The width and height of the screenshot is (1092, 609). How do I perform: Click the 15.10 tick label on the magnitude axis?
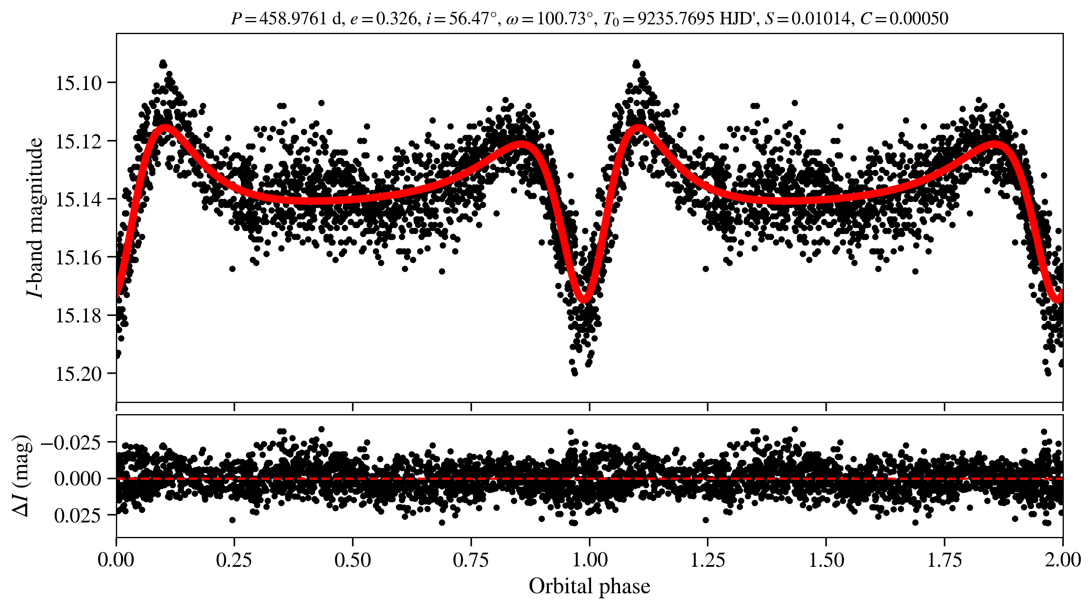[79, 83]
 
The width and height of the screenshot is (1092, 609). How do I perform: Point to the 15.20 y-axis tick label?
[79, 374]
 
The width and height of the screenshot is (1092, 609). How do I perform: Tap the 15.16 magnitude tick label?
[79, 258]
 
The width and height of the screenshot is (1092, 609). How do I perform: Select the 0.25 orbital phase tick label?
[234, 560]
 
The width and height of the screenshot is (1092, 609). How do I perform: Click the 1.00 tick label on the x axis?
[589, 560]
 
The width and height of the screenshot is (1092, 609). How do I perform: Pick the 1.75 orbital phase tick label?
[944, 560]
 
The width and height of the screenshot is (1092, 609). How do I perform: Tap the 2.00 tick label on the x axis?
[1062, 560]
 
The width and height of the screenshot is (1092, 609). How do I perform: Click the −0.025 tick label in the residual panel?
[71, 443]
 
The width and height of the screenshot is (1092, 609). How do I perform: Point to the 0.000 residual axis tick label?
[78, 479]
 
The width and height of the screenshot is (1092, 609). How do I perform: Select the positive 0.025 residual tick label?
[78, 516]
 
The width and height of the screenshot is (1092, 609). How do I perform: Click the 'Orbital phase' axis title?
[589, 586]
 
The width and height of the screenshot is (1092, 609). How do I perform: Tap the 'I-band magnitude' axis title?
[35, 217]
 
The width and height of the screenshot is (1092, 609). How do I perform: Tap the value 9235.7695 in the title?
[676, 19]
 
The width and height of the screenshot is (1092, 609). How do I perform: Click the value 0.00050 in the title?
[919, 19]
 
